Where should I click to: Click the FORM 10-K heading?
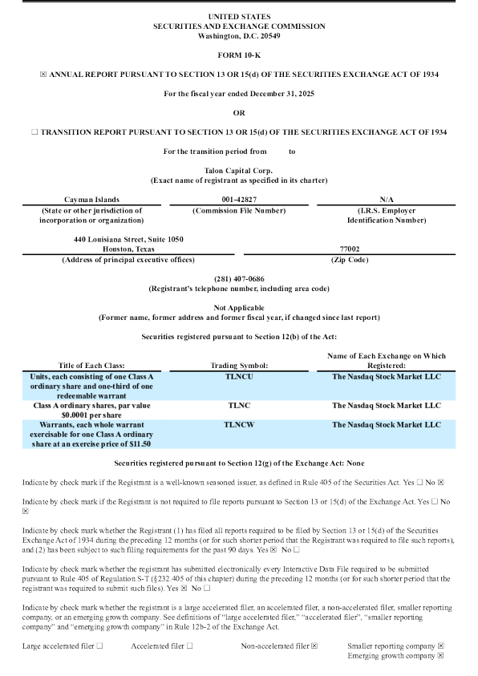pyautogui.click(x=238, y=55)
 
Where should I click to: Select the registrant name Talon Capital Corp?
pyautogui.click(x=238, y=170)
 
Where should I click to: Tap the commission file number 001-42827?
pyautogui.click(x=238, y=199)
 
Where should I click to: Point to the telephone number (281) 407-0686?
pyautogui.click(x=238, y=277)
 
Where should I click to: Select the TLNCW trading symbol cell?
pyautogui.click(x=238, y=424)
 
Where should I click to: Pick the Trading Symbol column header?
pyautogui.click(x=238, y=365)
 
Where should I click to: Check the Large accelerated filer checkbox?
pyautogui.click(x=99, y=645)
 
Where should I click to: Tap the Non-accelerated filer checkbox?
pyautogui.click(x=314, y=645)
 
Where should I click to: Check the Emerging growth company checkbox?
pyautogui.click(x=441, y=655)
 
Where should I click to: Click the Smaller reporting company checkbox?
pyautogui.click(x=441, y=645)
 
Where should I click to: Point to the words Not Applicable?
pyautogui.click(x=238, y=307)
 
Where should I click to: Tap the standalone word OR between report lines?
pyautogui.click(x=238, y=112)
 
